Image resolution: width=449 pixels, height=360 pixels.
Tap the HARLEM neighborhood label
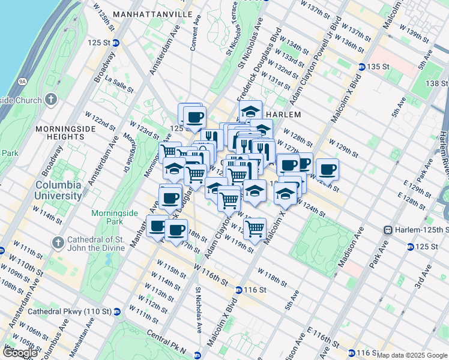tap(282, 114)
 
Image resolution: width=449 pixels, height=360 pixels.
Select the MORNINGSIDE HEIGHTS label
tap(66, 133)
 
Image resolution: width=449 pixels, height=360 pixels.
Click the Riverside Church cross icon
tap(52, 99)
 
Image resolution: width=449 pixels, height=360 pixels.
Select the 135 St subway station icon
tap(363, 67)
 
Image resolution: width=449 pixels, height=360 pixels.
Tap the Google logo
tap(20, 352)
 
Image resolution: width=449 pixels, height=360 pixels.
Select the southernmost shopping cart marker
tap(255, 229)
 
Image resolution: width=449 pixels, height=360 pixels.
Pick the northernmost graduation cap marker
tap(250, 111)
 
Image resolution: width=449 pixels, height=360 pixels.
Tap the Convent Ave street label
tap(192, 38)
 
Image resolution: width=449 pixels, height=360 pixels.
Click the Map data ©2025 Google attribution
tap(412, 355)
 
